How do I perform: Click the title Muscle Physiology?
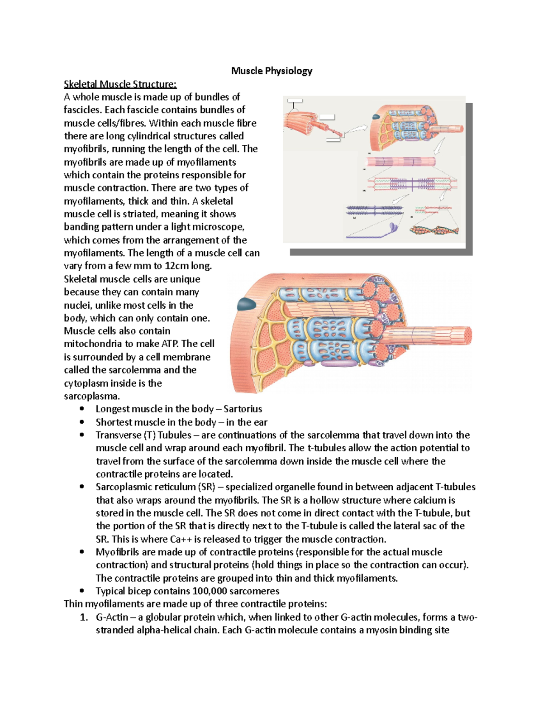point(271,71)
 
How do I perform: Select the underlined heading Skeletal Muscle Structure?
point(120,84)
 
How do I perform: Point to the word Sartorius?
point(243,409)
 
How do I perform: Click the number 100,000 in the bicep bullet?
point(210,591)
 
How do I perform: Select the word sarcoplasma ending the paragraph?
point(92,396)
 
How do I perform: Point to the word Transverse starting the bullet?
point(118,435)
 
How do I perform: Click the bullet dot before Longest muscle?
point(82,409)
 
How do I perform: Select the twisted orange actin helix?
point(433,230)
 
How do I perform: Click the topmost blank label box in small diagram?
point(295,100)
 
